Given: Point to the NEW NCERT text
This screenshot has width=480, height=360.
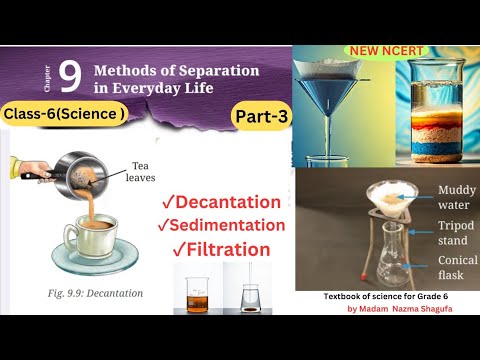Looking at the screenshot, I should (383, 48).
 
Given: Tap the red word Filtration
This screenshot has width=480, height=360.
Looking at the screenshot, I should (221, 249).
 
